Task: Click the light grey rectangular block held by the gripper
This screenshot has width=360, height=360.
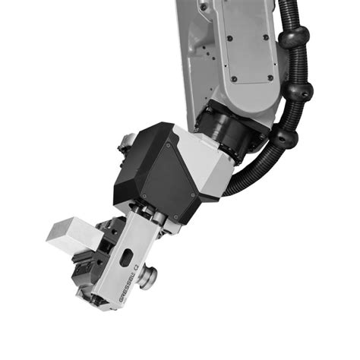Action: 67,232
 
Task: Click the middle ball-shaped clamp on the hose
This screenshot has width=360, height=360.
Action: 302,93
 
